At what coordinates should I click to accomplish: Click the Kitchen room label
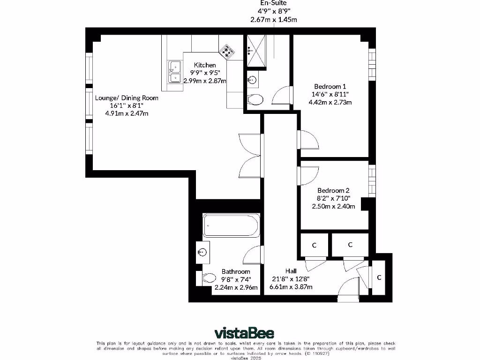(x=205, y=65)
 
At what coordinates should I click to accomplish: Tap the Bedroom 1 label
(x=330, y=86)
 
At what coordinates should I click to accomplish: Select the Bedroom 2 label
(x=333, y=190)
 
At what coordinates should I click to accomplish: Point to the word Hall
(x=291, y=271)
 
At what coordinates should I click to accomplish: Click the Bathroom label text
(x=236, y=271)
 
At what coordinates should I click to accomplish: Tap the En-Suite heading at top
(x=273, y=3)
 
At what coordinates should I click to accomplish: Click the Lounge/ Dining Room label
(x=127, y=98)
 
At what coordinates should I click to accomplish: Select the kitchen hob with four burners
(x=227, y=52)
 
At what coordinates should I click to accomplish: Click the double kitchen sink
(x=175, y=72)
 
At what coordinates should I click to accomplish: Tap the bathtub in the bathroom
(x=231, y=225)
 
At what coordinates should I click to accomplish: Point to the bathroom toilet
(x=208, y=278)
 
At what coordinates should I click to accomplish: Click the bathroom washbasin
(x=202, y=253)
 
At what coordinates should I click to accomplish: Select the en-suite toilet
(x=255, y=99)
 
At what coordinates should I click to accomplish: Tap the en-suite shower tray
(x=256, y=50)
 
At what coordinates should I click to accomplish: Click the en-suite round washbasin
(x=252, y=80)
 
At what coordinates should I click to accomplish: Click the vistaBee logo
(x=244, y=333)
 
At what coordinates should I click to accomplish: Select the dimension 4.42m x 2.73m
(x=330, y=102)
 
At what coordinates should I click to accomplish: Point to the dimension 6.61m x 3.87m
(x=291, y=287)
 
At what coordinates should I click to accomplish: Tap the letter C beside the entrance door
(x=379, y=277)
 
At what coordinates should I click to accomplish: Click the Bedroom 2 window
(x=372, y=181)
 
